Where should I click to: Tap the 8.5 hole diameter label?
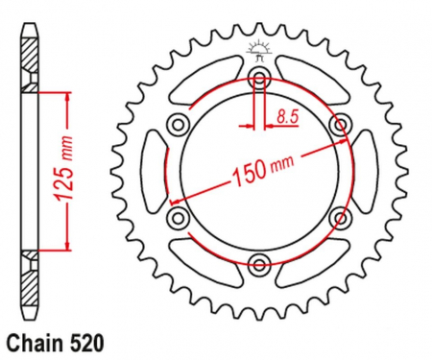point(288,116)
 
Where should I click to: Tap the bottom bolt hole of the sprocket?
point(259,264)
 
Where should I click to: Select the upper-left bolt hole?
point(178,124)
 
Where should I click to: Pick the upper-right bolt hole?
point(340,124)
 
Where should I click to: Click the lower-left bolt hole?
point(178,218)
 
